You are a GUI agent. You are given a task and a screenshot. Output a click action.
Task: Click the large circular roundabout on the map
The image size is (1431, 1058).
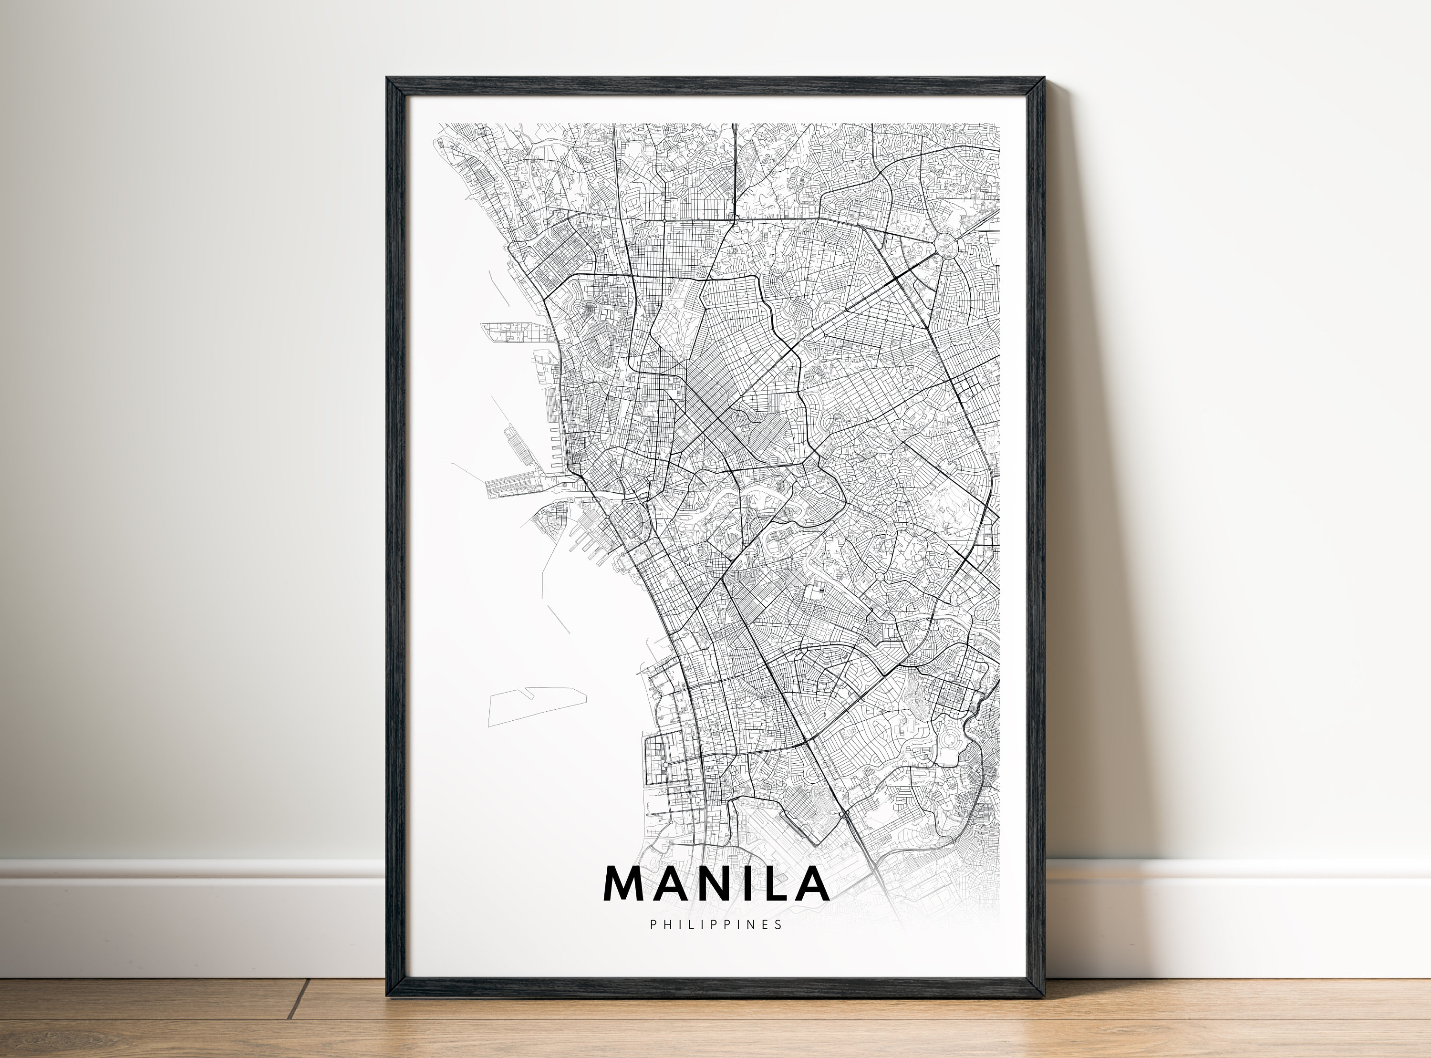coord(945,245)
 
